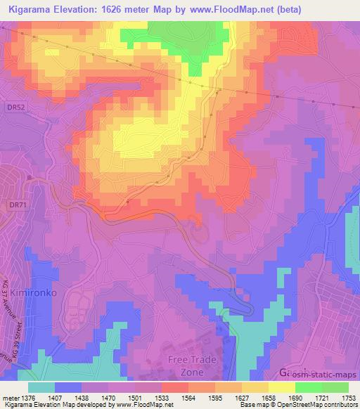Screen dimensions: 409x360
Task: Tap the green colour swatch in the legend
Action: (x=337, y=387)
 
